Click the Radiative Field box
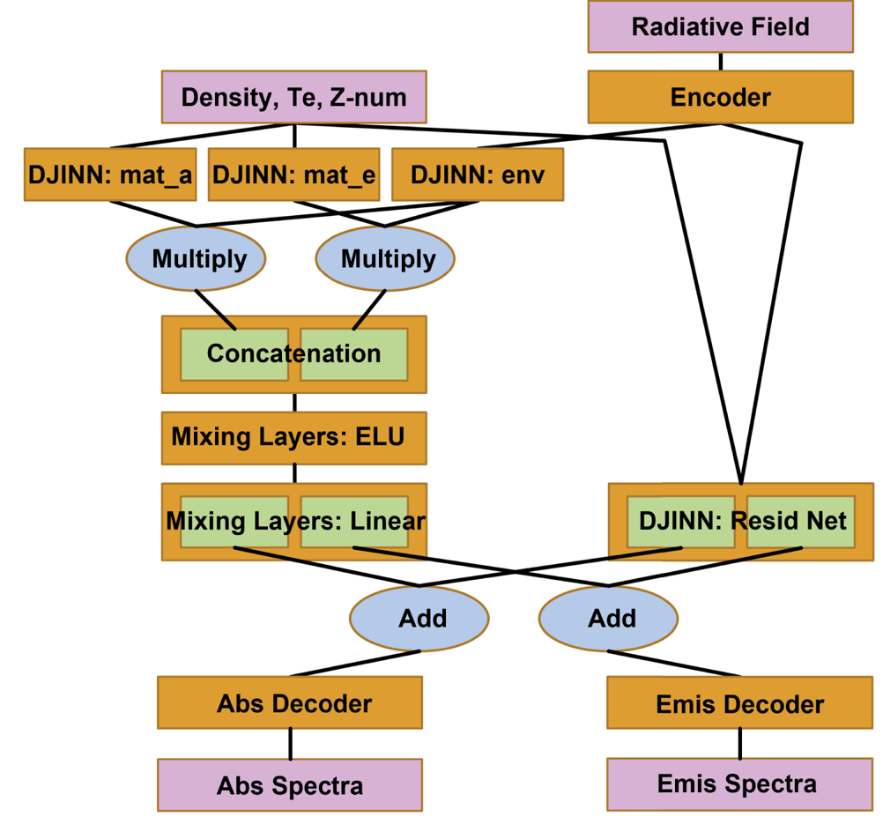click(x=720, y=26)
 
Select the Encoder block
click(x=720, y=97)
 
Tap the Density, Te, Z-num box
click(x=293, y=97)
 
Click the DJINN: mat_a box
click(x=110, y=175)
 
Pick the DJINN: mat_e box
click(x=293, y=175)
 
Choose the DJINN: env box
click(x=477, y=175)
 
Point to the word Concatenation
click(x=293, y=354)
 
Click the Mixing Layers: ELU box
click(x=293, y=437)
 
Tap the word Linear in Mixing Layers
click(x=388, y=521)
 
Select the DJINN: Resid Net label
click(x=741, y=521)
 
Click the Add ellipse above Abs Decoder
click(x=420, y=618)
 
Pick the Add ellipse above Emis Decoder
click(x=609, y=618)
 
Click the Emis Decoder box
click(x=739, y=704)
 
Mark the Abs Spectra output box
click(x=290, y=785)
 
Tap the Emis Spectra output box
click(x=739, y=784)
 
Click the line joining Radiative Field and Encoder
click(x=721, y=62)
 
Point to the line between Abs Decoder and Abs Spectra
click(x=290, y=744)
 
